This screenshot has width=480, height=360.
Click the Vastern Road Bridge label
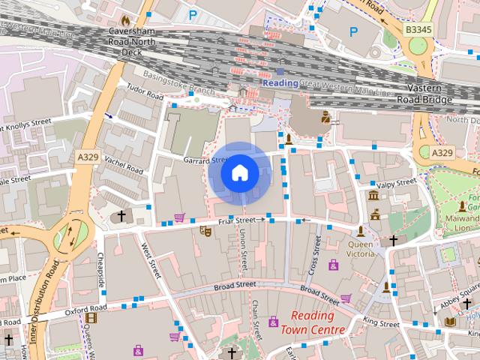pos(424,93)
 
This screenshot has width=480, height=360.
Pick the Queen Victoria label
pos(361,248)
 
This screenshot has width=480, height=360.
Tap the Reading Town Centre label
pos(313,322)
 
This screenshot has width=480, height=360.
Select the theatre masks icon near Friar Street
pos(203,232)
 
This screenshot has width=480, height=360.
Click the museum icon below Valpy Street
pos(373,196)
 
